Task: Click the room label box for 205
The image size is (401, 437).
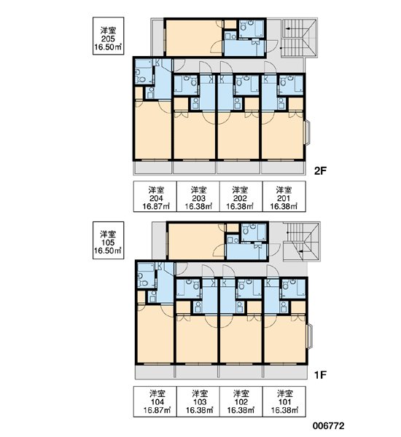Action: [x=109, y=36]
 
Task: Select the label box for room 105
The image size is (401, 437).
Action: [x=109, y=240]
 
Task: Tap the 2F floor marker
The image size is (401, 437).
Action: [x=320, y=171]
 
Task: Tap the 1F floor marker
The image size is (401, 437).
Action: [x=320, y=375]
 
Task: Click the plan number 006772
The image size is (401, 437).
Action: [x=328, y=426]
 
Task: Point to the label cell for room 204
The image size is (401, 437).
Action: [x=155, y=197]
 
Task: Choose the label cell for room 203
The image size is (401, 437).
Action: [x=198, y=197]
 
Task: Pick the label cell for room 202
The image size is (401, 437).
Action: [x=241, y=197]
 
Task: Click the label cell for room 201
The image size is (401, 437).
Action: [x=284, y=197]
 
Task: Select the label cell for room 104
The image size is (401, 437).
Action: [x=155, y=401]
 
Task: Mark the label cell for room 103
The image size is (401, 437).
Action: [x=198, y=401]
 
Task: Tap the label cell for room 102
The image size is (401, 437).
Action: [x=241, y=401]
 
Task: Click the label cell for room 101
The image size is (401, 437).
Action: [x=284, y=401]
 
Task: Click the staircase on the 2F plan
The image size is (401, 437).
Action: [x=299, y=38]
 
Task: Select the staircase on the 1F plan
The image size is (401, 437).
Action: [x=301, y=242]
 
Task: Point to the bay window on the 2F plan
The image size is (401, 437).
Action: [x=307, y=133]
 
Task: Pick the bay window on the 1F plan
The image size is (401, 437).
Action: [x=309, y=336]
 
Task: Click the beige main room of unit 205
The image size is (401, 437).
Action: [x=194, y=38]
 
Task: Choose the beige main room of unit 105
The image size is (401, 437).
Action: [x=197, y=242]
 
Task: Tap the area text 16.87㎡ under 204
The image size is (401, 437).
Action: [x=156, y=207]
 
